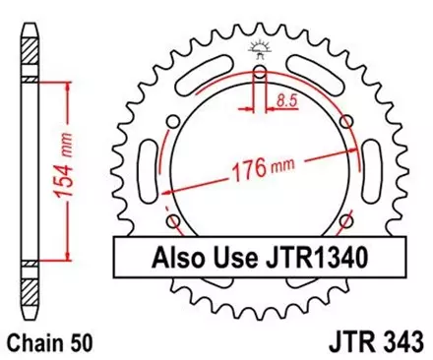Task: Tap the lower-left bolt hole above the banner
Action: (174, 218)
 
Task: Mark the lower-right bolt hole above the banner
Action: (346, 218)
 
